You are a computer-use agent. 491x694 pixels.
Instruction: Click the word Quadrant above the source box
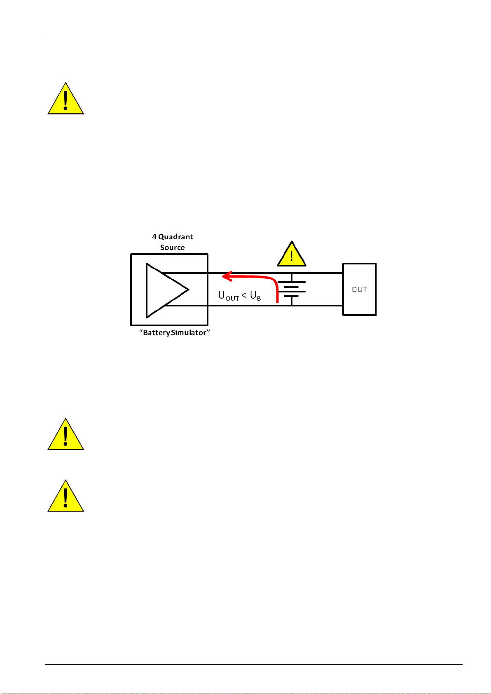click(x=175, y=237)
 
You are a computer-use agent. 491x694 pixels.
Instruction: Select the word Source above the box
click(x=173, y=248)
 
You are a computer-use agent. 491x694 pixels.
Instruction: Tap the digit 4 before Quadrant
click(x=154, y=237)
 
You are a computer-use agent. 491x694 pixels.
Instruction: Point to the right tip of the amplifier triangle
click(x=189, y=290)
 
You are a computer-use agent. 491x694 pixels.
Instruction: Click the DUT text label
click(x=359, y=290)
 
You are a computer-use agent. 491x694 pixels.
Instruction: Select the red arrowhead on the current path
click(x=227, y=276)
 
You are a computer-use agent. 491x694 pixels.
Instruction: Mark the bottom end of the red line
click(x=278, y=302)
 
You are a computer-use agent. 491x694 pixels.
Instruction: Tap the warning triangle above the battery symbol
click(x=292, y=254)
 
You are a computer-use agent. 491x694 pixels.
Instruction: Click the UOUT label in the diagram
click(x=229, y=296)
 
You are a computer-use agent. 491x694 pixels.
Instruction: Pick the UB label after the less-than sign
click(x=255, y=296)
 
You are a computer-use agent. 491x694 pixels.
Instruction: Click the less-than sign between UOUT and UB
click(x=244, y=295)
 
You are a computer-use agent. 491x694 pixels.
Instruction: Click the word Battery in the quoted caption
click(x=157, y=333)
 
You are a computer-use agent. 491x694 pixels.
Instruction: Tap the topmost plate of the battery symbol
click(x=292, y=282)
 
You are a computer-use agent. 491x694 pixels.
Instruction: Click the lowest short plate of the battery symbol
click(x=291, y=297)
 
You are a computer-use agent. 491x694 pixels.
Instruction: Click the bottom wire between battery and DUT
click(x=317, y=306)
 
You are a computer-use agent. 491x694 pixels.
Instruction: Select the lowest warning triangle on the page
click(x=65, y=496)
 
